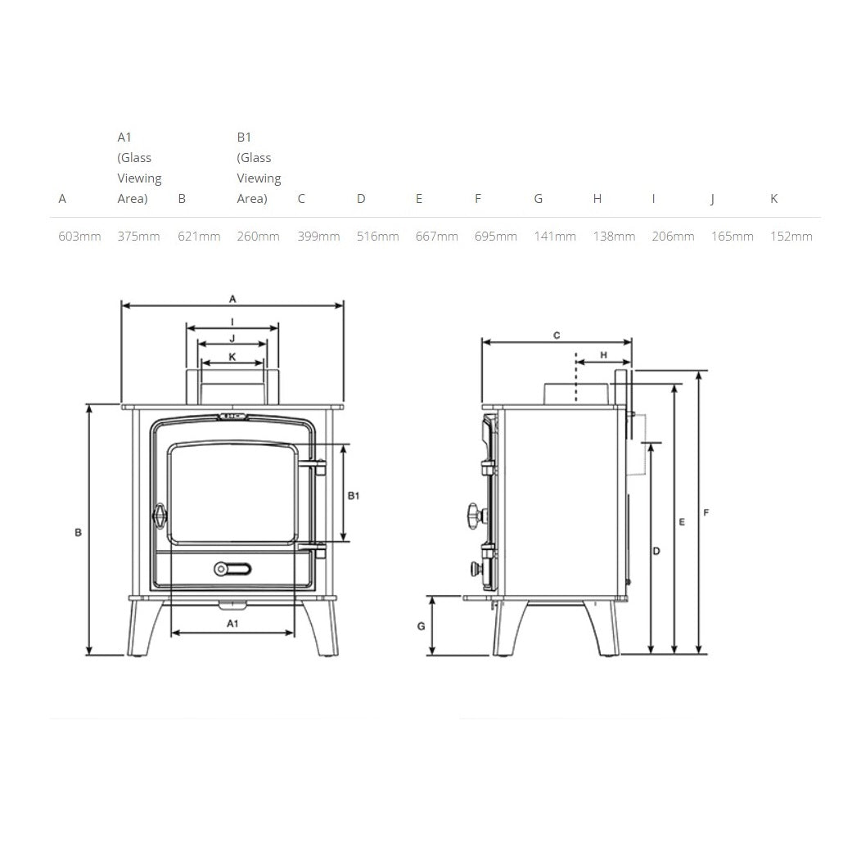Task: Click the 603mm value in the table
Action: [x=79, y=237]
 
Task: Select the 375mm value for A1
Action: [x=138, y=237]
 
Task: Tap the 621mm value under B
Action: [x=199, y=237]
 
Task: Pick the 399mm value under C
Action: [x=318, y=237]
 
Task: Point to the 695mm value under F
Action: [x=495, y=237]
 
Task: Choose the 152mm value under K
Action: [x=791, y=237]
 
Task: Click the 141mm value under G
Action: [x=554, y=237]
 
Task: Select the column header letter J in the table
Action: [x=712, y=199]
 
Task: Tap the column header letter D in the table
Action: [x=361, y=199]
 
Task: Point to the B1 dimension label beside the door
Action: [x=354, y=496]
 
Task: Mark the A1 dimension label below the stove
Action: [x=232, y=624]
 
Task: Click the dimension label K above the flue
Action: [x=232, y=356]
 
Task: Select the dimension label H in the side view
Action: [x=604, y=355]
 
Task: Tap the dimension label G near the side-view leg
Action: [x=421, y=626]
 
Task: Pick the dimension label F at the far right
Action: [x=706, y=513]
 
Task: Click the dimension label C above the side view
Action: [x=557, y=335]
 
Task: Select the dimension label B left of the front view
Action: [x=78, y=532]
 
